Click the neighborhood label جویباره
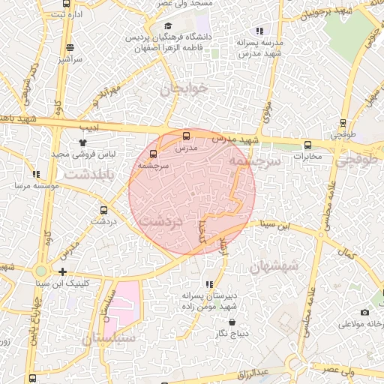pos(181,90)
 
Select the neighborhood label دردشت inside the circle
pos(161,223)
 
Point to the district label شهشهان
pos(274,265)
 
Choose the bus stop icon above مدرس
pos(186,136)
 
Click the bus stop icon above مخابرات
pos(307,145)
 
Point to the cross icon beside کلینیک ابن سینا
pos(62,271)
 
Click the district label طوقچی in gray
pos(359,160)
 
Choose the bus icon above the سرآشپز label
pos(69,46)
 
